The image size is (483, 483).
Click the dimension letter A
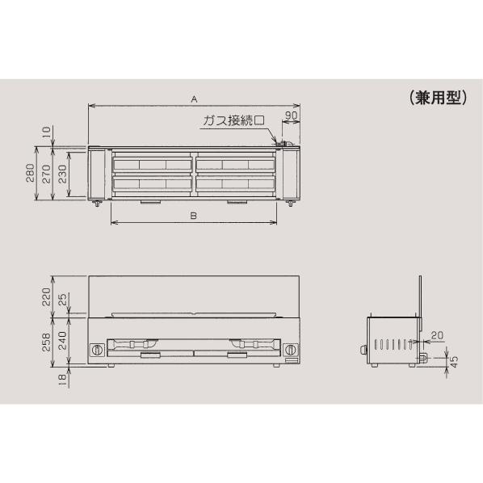pos(194,99)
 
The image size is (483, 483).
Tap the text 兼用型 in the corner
pos(435,98)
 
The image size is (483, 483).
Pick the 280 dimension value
pos(31,173)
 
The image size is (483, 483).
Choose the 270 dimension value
pos(46,173)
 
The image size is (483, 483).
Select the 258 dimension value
pos(46,344)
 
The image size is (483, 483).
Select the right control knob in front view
pos(288,350)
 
